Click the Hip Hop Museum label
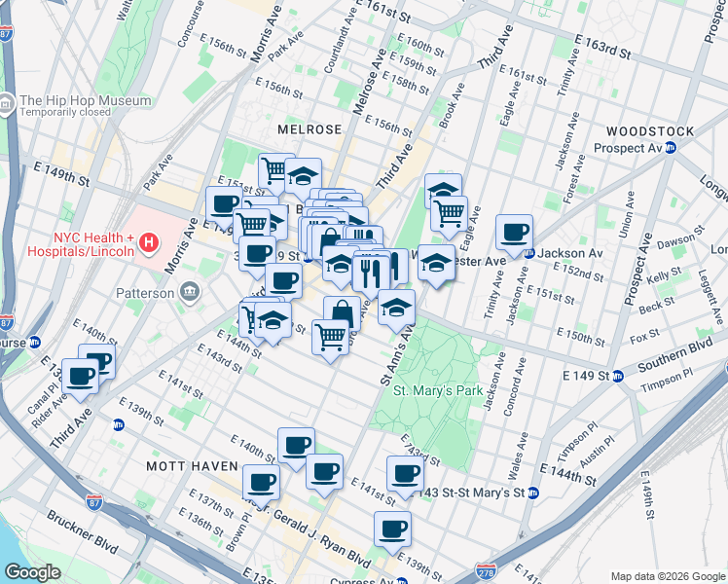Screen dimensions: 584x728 [86, 100]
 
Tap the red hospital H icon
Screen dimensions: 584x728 [149, 241]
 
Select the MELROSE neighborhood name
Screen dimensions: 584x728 [309, 128]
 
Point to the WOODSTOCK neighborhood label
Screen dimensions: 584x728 [649, 131]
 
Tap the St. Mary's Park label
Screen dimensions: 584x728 [438, 390]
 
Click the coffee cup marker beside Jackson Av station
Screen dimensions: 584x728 [514, 233]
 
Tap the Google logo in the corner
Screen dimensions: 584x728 [32, 572]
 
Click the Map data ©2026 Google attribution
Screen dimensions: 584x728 [668, 576]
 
